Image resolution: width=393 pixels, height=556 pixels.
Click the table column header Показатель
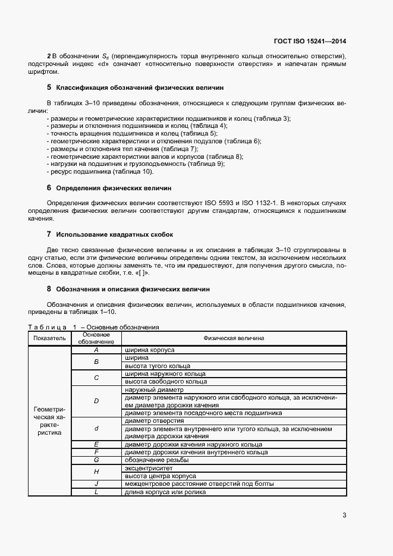(49, 338)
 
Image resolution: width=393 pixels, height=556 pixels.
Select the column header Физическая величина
(234, 338)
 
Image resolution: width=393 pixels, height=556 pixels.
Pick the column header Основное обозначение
(96, 338)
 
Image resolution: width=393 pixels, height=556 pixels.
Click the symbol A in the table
(96, 350)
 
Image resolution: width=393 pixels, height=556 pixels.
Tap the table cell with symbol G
(96, 460)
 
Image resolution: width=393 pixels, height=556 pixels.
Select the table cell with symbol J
(96, 484)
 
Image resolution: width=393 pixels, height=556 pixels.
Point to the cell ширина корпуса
(150, 350)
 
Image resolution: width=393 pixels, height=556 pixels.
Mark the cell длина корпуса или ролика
(165, 492)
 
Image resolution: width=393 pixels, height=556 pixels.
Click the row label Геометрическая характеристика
(49, 421)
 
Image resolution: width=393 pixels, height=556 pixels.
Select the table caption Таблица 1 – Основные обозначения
(93, 327)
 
